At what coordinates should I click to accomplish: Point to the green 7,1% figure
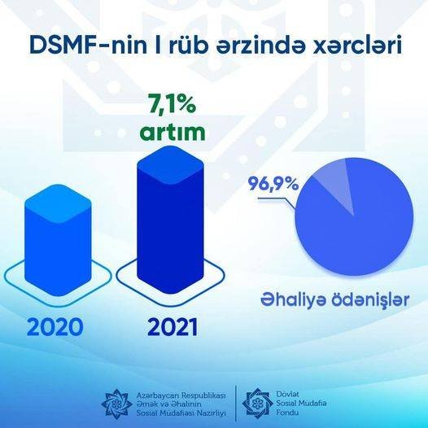tap(173, 104)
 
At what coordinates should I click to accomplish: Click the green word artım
tap(173, 132)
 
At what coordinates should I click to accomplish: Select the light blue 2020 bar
tap(58, 239)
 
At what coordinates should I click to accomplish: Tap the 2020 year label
tap(55, 326)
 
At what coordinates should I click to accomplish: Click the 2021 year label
tap(173, 326)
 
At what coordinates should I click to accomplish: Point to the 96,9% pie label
tap(273, 185)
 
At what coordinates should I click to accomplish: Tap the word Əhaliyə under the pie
tap(293, 299)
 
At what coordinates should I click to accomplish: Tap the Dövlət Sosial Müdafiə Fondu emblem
tap(257, 403)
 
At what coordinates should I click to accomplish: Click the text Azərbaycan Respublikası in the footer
tap(181, 395)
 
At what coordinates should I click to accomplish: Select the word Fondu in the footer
tap(287, 413)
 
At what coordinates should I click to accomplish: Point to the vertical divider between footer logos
tap(236, 404)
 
